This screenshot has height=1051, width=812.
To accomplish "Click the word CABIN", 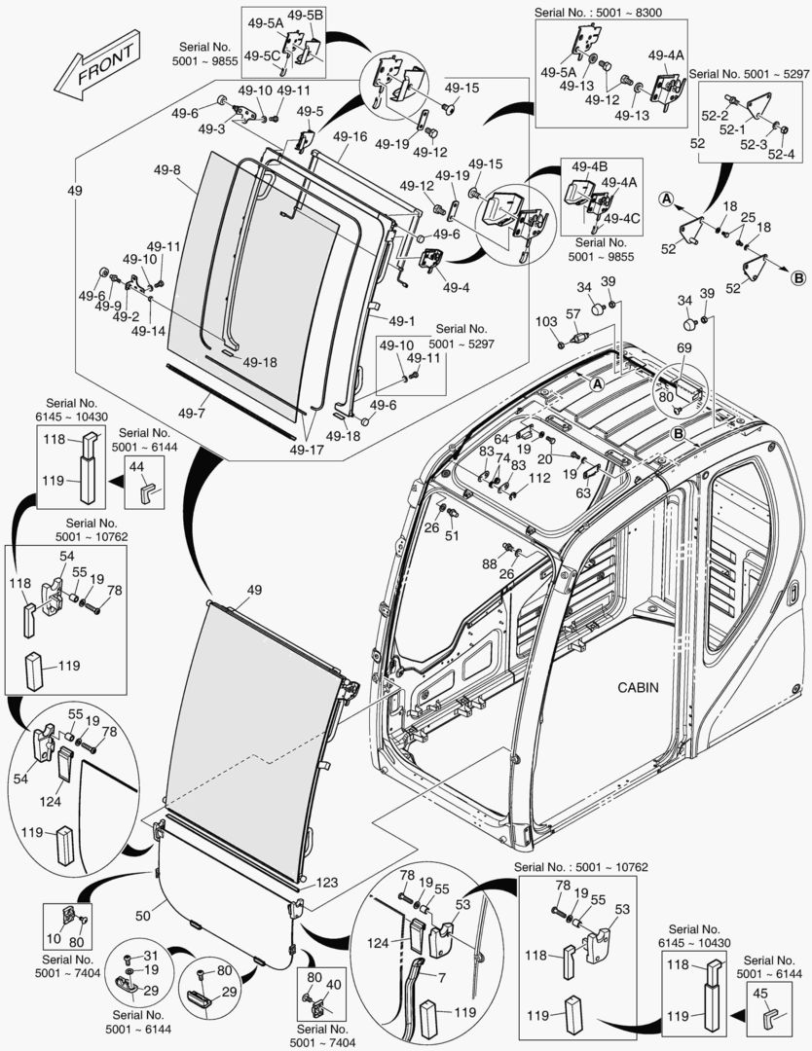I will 638,687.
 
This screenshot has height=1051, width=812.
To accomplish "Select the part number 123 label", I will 326,883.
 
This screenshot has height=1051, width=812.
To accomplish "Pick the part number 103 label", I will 545,320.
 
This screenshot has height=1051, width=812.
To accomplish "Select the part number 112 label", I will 539,478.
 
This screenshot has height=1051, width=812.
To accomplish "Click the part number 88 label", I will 489,563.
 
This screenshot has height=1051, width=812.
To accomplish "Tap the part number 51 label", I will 452,535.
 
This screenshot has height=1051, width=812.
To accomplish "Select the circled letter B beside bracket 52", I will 798,277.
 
